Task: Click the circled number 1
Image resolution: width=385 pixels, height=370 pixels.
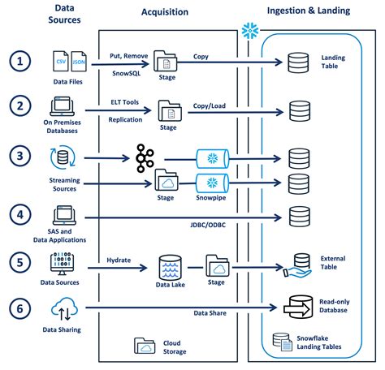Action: click(x=20, y=61)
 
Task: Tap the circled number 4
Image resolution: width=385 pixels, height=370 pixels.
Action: click(x=20, y=215)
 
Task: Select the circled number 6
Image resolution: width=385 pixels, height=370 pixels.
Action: click(x=20, y=308)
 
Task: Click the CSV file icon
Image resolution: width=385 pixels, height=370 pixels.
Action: click(x=60, y=61)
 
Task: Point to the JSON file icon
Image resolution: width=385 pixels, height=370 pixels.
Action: click(x=79, y=61)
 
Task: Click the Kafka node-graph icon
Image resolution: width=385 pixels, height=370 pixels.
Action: click(x=145, y=158)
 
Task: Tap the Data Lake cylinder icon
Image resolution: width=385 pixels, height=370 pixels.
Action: click(x=171, y=267)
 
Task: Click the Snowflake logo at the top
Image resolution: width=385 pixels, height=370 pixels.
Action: click(x=250, y=30)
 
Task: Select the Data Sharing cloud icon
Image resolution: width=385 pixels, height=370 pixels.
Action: click(x=64, y=308)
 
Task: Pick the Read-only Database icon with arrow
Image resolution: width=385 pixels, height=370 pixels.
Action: click(x=298, y=307)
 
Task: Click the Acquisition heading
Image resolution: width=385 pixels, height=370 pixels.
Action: click(x=165, y=12)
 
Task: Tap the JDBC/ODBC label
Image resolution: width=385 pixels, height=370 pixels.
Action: click(x=208, y=225)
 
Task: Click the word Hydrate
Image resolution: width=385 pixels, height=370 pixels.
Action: click(x=119, y=260)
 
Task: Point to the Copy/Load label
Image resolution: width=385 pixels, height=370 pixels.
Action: click(x=210, y=105)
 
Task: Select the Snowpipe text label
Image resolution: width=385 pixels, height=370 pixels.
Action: click(x=211, y=198)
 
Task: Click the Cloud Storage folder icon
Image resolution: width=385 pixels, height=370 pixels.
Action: click(x=145, y=346)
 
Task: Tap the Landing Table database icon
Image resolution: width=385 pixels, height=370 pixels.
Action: click(x=298, y=62)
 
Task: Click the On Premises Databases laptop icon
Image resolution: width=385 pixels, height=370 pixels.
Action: click(x=63, y=106)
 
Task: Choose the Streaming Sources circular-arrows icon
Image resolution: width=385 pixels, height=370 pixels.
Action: click(x=63, y=157)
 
